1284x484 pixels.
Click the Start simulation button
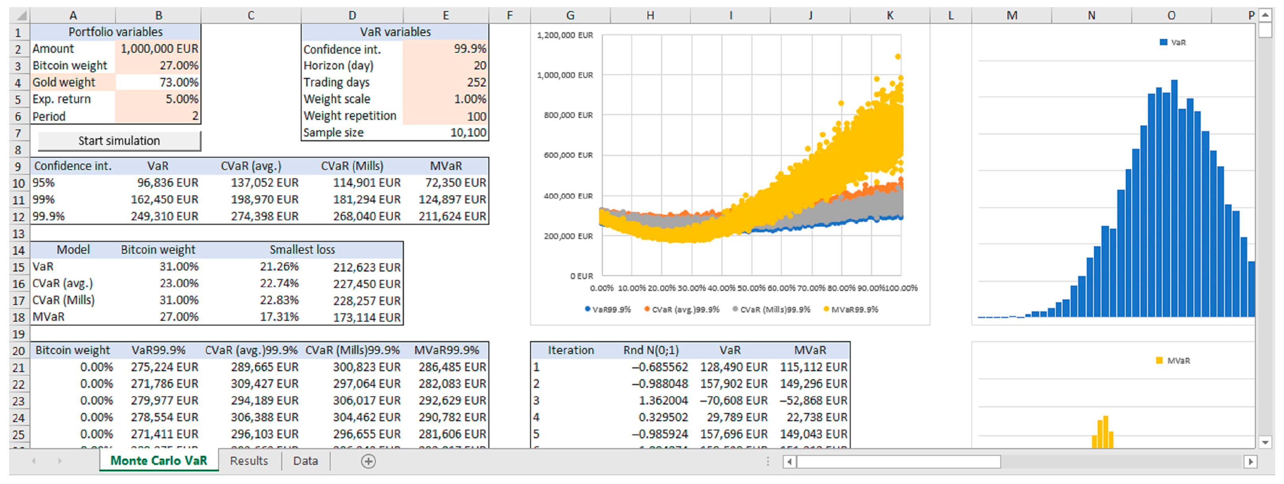click(119, 141)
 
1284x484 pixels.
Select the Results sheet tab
click(249, 461)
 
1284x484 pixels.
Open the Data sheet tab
click(305, 461)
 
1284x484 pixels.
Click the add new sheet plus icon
click(368, 461)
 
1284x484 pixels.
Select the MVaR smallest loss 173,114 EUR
click(366, 317)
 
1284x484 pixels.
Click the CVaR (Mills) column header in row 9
click(352, 166)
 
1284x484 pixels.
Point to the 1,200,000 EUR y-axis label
click(565, 35)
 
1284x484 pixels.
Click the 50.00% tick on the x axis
click(751, 288)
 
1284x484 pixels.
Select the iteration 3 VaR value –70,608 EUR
click(733, 401)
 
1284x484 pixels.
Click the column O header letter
click(1171, 15)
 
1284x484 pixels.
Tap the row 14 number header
click(18, 251)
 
